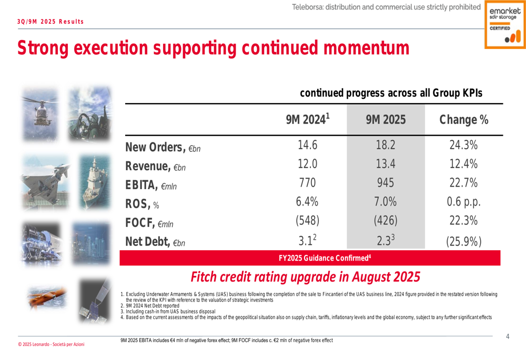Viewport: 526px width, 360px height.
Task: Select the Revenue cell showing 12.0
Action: coord(307,164)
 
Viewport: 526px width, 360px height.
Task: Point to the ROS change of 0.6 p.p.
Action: coord(463,202)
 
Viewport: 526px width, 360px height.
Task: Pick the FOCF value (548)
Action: coord(307,221)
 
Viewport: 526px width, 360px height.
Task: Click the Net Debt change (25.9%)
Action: coord(463,241)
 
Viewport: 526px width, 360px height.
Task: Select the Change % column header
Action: coord(463,120)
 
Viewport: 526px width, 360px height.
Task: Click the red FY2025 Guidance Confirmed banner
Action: coord(325,258)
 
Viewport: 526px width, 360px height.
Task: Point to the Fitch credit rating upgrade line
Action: coord(305,276)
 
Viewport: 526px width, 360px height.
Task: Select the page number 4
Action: coord(508,336)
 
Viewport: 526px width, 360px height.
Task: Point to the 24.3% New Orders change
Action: coord(463,146)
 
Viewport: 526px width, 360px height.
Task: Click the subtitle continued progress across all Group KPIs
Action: coord(390,93)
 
